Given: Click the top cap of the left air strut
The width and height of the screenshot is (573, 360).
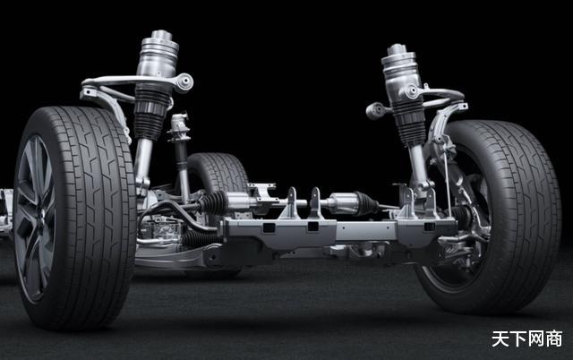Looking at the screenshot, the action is [x=161, y=35].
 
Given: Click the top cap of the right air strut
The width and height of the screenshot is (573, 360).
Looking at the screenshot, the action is [x=397, y=49].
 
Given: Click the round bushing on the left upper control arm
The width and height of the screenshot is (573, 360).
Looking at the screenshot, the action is [x=185, y=81].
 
